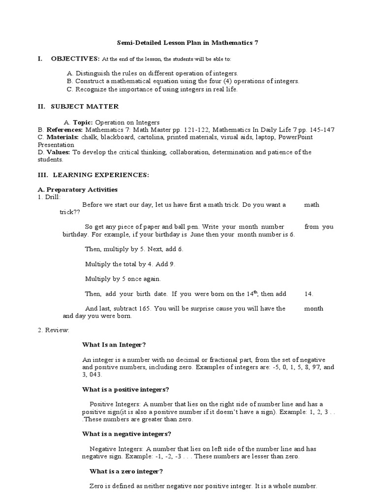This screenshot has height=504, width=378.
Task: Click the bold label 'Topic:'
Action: coord(83,122)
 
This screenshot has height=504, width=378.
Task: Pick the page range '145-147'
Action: coord(322,129)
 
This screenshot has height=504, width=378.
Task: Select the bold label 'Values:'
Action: coord(59,152)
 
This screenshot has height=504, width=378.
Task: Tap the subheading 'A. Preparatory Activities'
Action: coord(78,189)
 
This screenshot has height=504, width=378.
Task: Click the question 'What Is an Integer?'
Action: coord(114,345)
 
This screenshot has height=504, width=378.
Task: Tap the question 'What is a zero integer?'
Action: coord(126,471)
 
